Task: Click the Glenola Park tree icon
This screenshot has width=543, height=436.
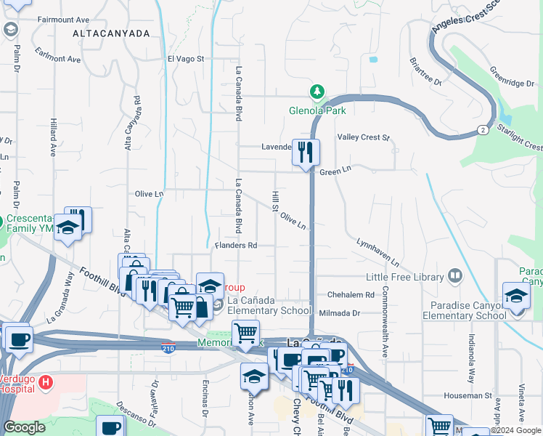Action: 317,92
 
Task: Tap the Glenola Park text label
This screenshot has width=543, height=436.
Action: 317,110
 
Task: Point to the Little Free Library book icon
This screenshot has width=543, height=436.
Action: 454,275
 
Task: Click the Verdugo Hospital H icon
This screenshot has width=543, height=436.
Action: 46,381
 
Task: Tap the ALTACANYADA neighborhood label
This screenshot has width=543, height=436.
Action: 111,33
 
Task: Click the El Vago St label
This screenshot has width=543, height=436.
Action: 187,59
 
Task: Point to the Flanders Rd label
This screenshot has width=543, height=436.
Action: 237,246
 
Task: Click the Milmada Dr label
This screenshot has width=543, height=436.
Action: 344,312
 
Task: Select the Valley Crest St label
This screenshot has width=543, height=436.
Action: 363,137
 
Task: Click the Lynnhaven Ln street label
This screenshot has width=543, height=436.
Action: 378,251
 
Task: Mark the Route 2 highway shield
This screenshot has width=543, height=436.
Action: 482,129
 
